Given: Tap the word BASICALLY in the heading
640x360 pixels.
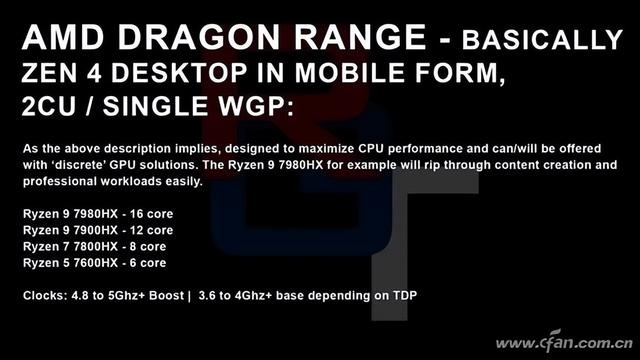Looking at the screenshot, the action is (542, 40).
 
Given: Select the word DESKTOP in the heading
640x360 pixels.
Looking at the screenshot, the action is (179, 73).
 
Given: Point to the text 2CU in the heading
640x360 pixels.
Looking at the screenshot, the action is (49, 106).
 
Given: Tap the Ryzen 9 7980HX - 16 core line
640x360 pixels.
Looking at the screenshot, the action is (98, 214).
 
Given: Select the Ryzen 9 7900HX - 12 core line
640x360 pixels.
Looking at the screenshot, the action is (98, 230).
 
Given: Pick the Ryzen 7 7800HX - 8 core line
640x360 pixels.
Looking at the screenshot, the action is (95, 247).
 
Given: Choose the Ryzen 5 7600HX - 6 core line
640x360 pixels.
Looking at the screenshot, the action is (95, 263).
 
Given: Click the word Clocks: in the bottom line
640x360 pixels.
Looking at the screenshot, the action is (45, 296).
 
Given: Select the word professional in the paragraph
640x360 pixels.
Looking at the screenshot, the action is (60, 182).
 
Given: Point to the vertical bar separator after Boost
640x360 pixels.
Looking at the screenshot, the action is (189, 296).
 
